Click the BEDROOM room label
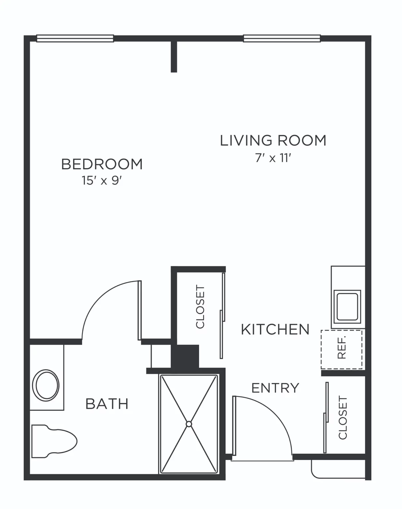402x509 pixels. (102, 164)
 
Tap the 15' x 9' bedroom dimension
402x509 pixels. (102, 181)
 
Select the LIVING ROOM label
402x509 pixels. (273, 140)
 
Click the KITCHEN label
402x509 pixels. (275, 329)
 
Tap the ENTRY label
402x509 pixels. (275, 388)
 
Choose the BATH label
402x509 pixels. (107, 404)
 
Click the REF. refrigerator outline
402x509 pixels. (341, 349)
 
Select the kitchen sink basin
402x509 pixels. (347, 307)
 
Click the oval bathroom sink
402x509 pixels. (46, 385)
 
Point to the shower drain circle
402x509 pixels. (189, 424)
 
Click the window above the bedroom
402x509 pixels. (75, 38)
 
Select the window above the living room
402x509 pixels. (282, 38)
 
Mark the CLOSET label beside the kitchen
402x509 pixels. (200, 307)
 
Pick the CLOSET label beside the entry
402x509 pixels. (343, 418)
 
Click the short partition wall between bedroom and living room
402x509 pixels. (174, 57)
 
